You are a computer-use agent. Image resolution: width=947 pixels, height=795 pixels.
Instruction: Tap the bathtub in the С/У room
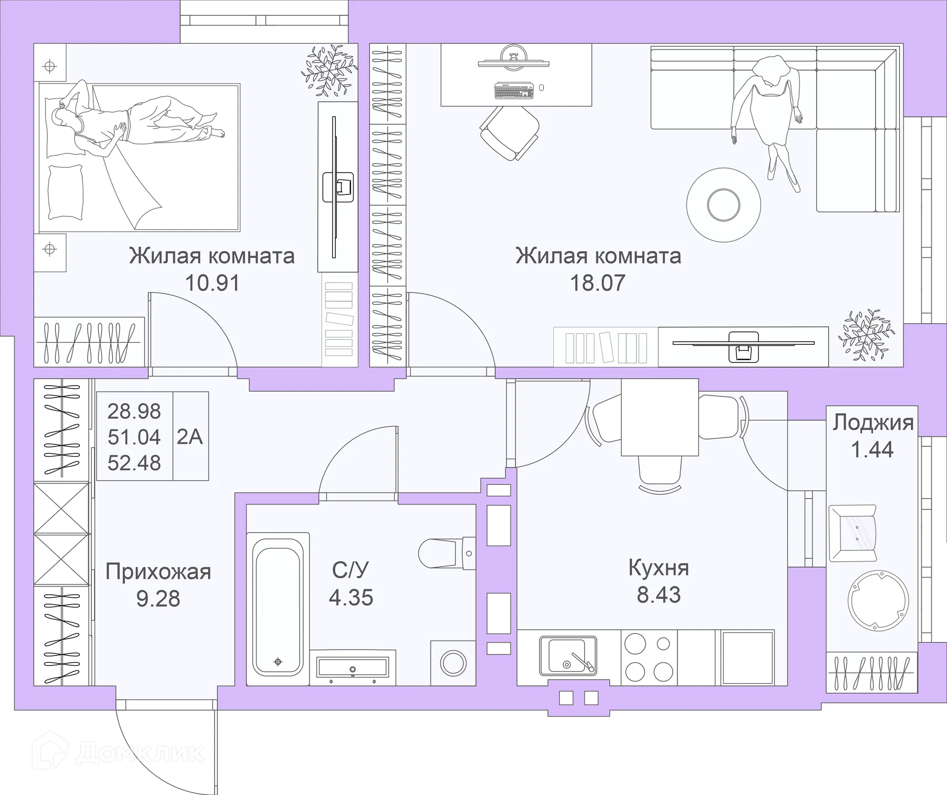(x=278, y=609)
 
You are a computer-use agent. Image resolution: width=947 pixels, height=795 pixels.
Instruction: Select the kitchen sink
(x=568, y=656)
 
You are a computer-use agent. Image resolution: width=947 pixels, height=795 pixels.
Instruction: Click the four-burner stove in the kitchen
(x=649, y=657)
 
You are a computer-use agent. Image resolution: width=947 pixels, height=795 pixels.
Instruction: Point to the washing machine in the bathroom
(x=453, y=663)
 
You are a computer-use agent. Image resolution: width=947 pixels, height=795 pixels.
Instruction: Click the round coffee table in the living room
(x=724, y=205)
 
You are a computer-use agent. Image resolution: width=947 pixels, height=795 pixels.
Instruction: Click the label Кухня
(x=658, y=568)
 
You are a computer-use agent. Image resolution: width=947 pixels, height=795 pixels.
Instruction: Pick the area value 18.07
(x=598, y=283)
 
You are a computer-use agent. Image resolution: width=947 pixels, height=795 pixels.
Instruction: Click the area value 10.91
(x=212, y=283)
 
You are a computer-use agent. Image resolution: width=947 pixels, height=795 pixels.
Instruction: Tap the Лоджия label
(x=873, y=423)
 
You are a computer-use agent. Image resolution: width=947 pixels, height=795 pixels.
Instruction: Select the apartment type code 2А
(x=190, y=436)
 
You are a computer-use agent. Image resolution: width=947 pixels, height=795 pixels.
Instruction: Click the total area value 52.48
(x=134, y=463)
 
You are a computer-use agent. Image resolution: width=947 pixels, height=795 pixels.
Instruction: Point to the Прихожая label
(x=158, y=572)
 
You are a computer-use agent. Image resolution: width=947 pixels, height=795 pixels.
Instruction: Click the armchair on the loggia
(x=853, y=533)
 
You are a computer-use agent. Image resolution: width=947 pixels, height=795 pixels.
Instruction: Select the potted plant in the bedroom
(x=329, y=70)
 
